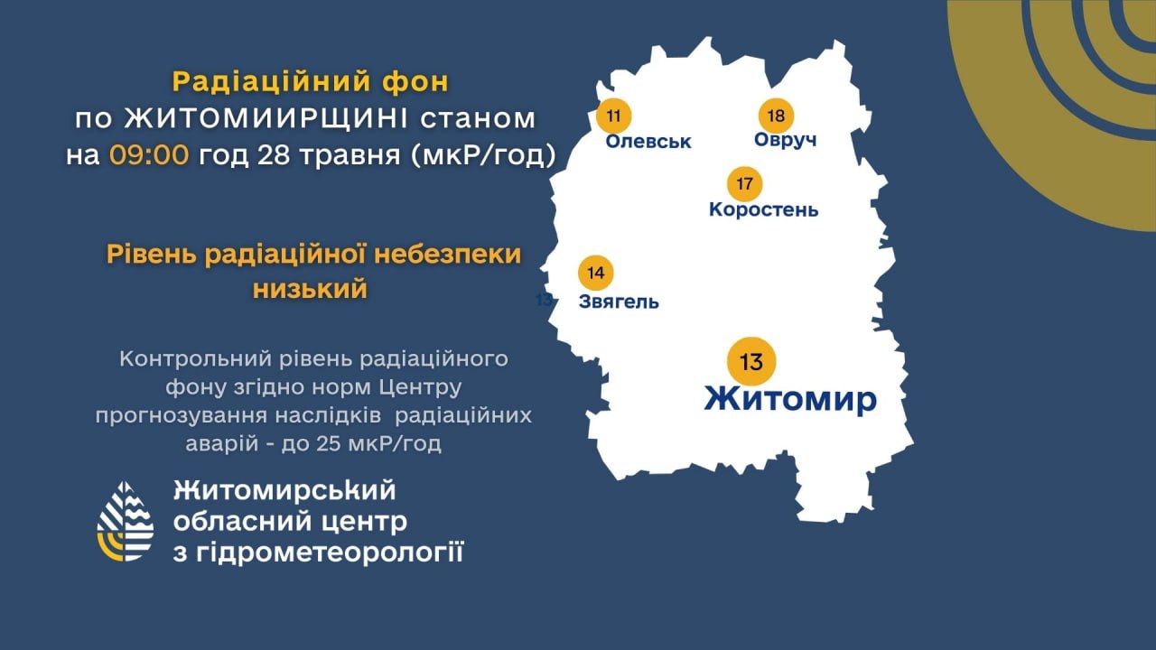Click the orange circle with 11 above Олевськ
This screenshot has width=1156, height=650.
pos(613,115)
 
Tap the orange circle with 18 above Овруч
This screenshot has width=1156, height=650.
pos(776,115)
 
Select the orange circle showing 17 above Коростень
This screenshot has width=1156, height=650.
pos(744,184)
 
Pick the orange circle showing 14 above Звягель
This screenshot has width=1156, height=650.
pos(595,273)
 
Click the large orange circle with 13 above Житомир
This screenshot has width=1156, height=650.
pos(751,362)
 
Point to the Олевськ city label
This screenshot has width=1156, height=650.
pos(648,142)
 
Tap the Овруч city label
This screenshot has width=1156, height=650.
pos(786,140)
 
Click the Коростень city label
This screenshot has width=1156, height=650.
pos(764,209)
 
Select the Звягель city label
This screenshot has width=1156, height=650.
pos(619,302)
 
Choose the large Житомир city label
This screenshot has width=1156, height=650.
pos(790,399)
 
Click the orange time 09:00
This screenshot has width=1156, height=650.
pos(149,154)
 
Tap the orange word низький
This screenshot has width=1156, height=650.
pos(310,289)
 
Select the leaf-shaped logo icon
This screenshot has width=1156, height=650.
pos(126,521)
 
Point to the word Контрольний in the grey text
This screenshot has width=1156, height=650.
pos(196,359)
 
